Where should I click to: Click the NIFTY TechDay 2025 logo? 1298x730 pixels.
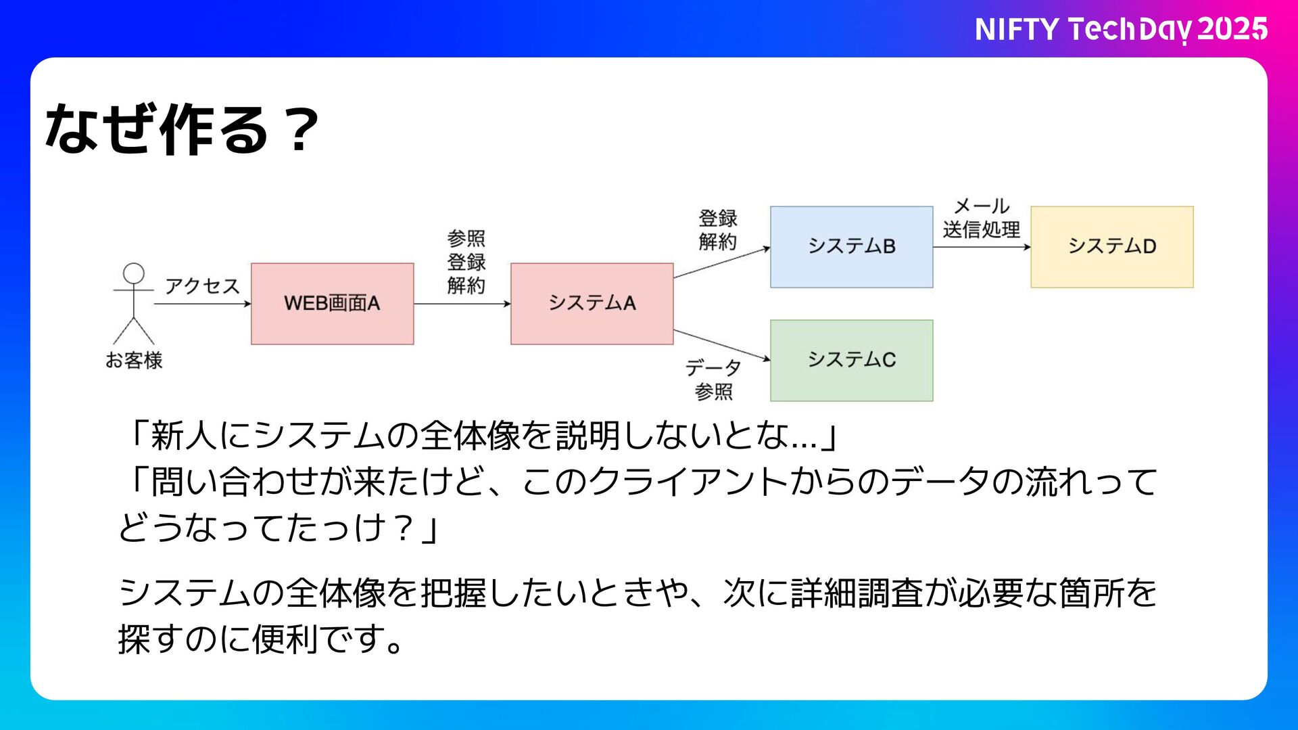point(1120,30)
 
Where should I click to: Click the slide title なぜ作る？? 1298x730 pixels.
point(181,129)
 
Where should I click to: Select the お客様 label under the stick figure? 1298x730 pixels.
point(134,361)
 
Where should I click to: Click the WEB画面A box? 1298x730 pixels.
point(332,304)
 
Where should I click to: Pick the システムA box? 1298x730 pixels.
point(592,304)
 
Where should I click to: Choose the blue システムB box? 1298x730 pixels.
point(851,247)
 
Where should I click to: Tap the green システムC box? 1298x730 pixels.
point(851,361)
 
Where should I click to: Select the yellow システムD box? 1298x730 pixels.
point(1111,247)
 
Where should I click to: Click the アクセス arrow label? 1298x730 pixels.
point(202,286)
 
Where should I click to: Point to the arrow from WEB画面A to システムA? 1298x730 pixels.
point(462,304)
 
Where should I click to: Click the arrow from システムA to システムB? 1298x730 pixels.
point(721,263)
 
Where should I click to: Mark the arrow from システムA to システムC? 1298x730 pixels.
point(721,345)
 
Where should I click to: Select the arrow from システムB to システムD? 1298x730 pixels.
point(982,247)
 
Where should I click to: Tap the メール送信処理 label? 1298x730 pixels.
point(982,218)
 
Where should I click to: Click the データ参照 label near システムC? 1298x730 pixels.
point(713,380)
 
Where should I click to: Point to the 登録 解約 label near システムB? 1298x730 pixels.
point(717,230)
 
